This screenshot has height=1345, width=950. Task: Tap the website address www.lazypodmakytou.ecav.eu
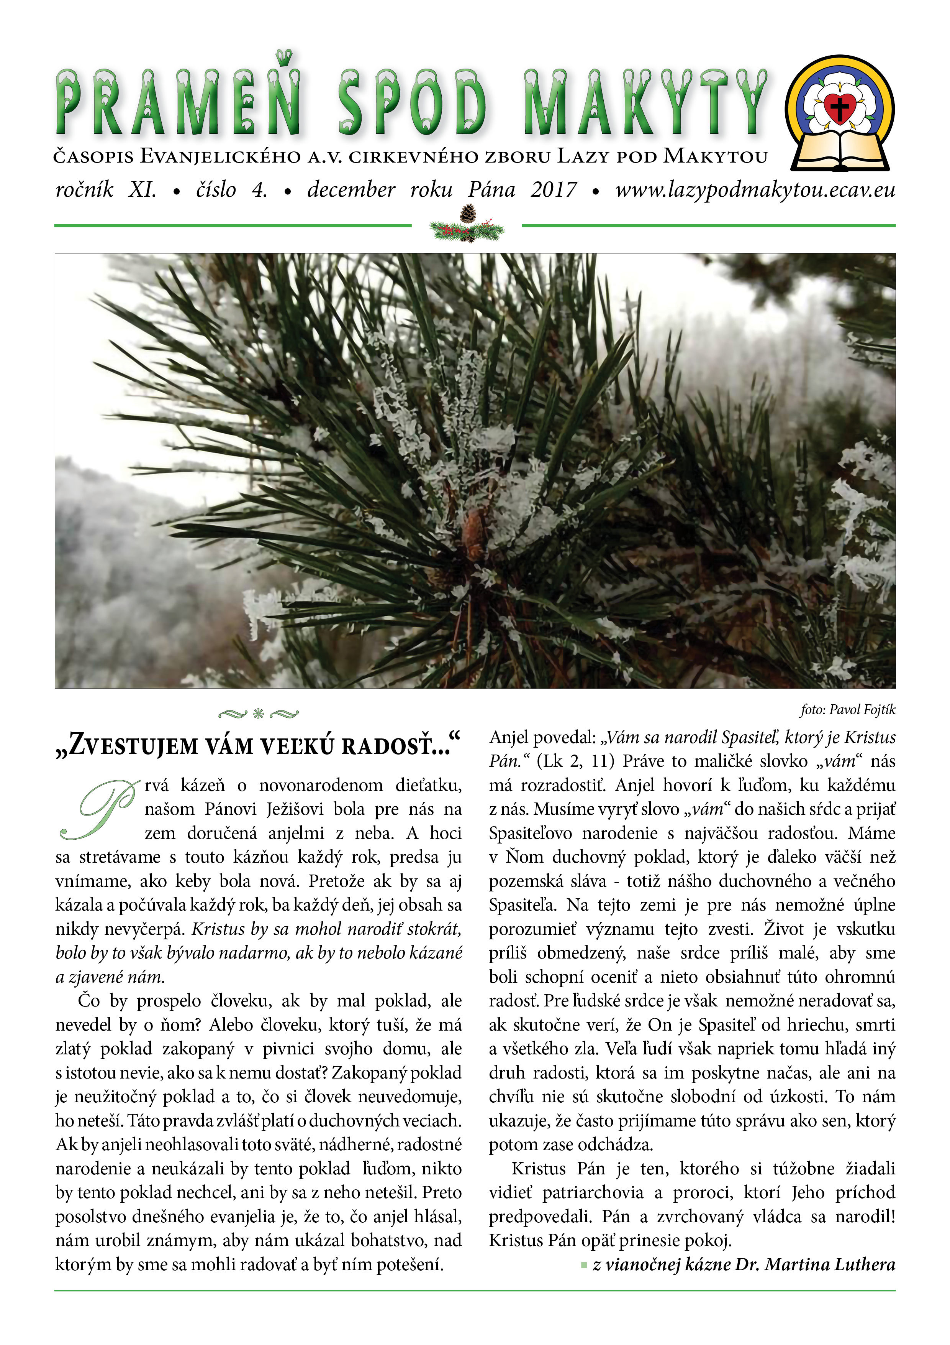click(755, 190)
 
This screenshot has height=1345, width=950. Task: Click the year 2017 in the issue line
click(553, 190)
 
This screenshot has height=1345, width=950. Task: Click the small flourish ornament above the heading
click(258, 714)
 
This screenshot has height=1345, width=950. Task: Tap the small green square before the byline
click(583, 1265)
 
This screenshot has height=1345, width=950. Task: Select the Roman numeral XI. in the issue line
click(143, 190)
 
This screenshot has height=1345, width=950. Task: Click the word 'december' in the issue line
click(351, 190)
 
